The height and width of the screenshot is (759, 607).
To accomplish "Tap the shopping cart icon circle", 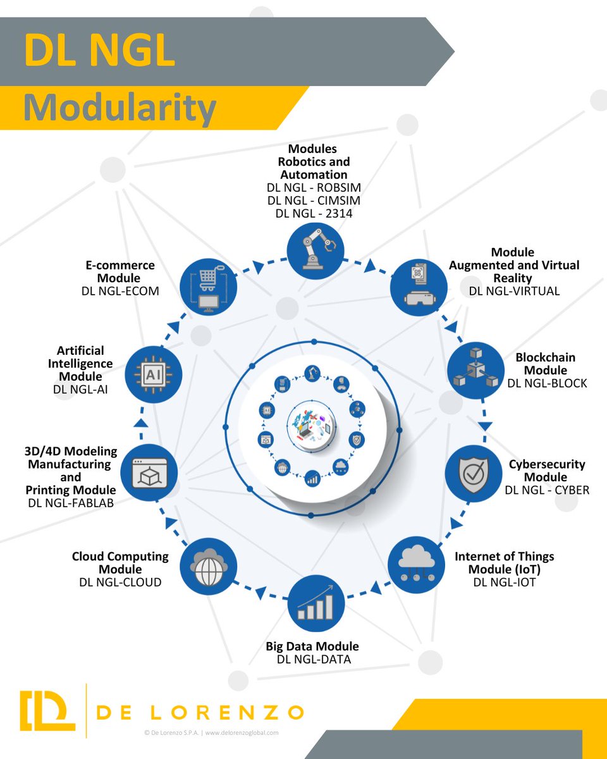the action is click(209, 288).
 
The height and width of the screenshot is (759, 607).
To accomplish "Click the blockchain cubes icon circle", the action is click(475, 370).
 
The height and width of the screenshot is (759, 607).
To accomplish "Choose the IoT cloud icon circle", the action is click(416, 563).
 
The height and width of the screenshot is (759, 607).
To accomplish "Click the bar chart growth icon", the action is click(316, 604).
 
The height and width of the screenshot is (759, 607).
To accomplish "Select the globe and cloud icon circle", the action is click(209, 564).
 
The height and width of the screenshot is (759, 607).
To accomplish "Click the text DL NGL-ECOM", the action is click(120, 291).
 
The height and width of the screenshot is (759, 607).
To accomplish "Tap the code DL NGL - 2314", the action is click(314, 214).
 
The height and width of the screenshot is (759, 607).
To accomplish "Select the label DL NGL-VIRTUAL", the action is click(514, 291).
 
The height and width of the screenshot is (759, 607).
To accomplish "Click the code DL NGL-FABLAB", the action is click(71, 503).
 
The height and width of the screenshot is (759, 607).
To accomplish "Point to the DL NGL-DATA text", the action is click(314, 660).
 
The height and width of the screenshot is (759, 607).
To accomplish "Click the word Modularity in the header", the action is click(120, 109).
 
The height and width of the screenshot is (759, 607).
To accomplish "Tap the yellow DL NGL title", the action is click(99, 51).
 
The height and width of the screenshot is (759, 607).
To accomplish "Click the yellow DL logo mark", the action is click(47, 710).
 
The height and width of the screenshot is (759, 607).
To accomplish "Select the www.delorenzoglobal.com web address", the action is click(241, 733).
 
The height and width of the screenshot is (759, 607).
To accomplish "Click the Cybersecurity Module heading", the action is click(547, 471).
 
